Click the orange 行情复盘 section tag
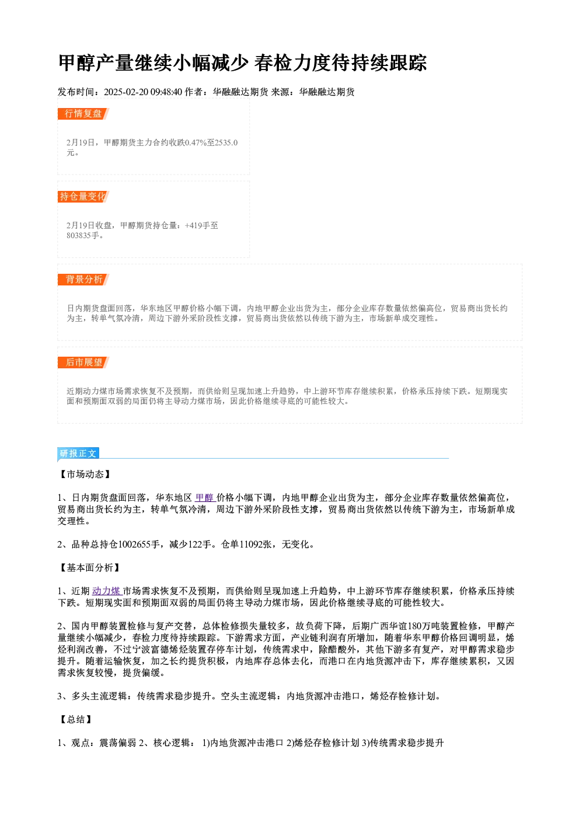pos(83,114)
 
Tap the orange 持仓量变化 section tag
pos(83,197)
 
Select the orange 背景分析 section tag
pos(83,280)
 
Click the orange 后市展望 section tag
pos(83,363)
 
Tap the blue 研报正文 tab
pos(78,454)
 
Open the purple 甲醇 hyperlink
pos(205,498)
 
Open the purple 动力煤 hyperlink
pos(106,591)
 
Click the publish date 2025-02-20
pos(125,92)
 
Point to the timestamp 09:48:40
pos(166,92)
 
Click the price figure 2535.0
pos(226,143)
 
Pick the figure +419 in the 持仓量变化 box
pos(193,226)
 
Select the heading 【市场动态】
pos(85,475)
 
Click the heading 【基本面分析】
pos(90,568)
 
